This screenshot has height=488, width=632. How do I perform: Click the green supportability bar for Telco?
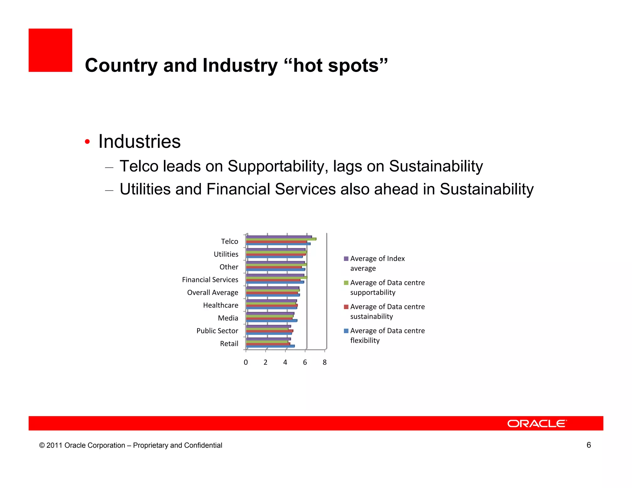(x=281, y=239)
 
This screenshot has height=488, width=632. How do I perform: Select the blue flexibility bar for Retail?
(x=270, y=346)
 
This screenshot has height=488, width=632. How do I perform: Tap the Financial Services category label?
(x=210, y=280)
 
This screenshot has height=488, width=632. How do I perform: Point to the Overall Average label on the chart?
(x=212, y=292)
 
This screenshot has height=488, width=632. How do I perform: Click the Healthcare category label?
(x=220, y=305)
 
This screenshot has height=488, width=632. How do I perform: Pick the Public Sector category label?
(x=217, y=331)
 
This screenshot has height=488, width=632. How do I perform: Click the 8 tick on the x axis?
(x=324, y=362)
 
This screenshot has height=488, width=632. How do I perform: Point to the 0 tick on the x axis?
(x=246, y=362)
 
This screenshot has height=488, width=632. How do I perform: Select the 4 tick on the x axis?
(x=285, y=362)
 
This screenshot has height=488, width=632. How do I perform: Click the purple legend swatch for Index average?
(x=346, y=259)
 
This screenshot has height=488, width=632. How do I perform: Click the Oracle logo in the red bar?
(x=537, y=424)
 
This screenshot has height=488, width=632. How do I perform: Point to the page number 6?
(x=588, y=445)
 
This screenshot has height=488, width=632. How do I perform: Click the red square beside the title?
(x=50, y=50)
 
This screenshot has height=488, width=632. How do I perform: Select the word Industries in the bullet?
(x=139, y=142)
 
